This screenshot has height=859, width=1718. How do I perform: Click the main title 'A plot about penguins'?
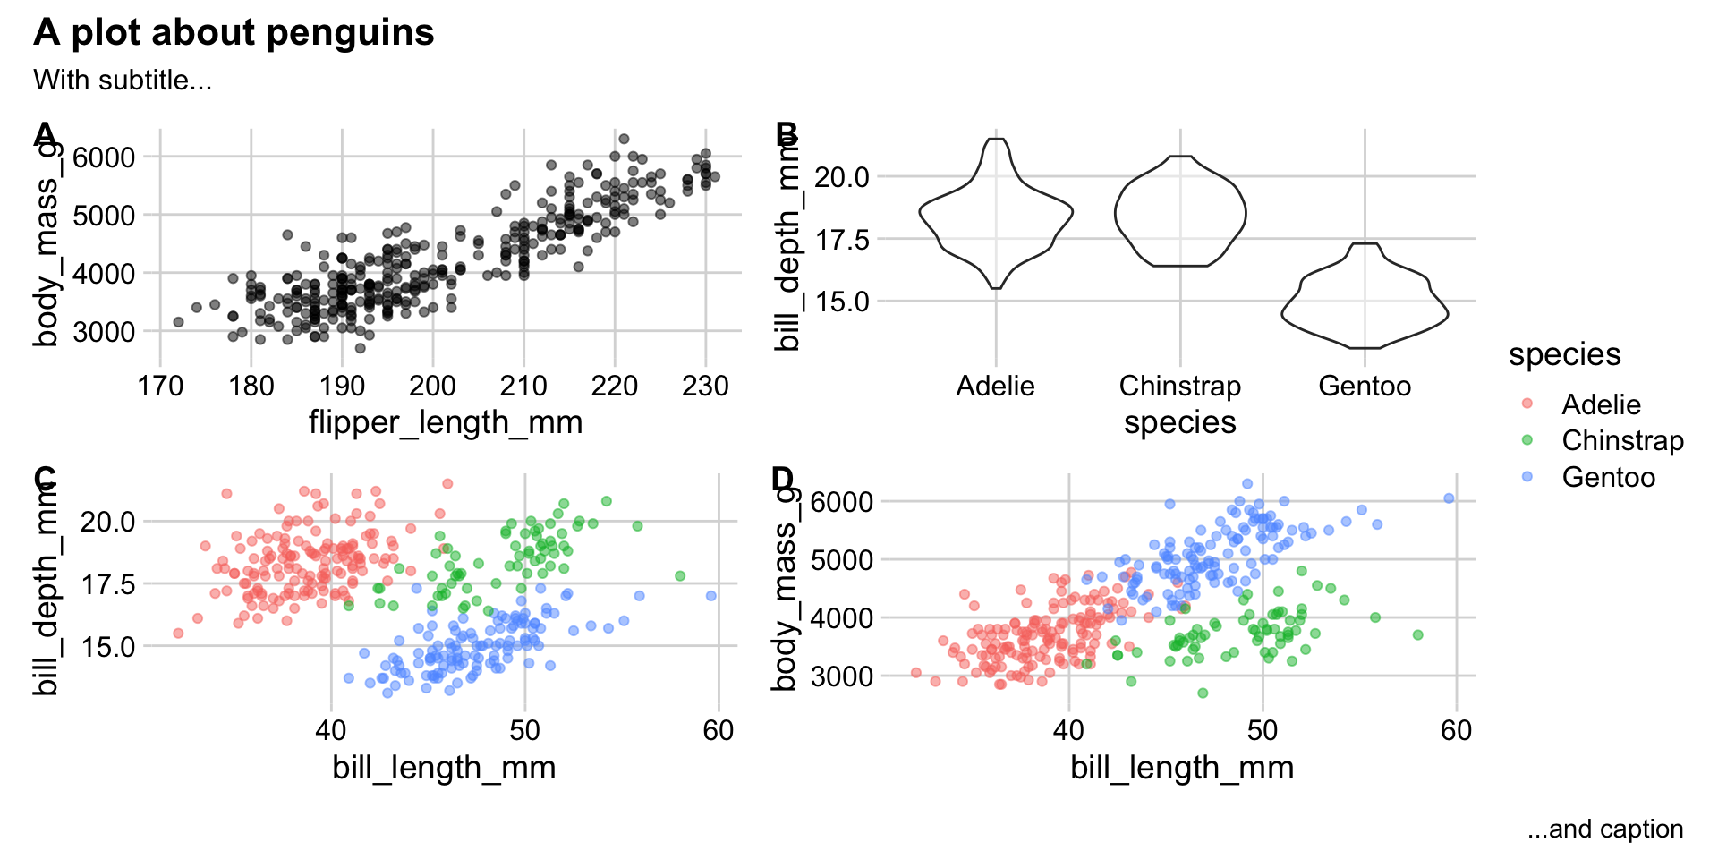[x=234, y=33]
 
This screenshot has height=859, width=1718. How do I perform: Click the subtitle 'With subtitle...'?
[x=123, y=81]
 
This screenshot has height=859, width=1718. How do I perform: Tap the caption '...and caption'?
[x=1605, y=829]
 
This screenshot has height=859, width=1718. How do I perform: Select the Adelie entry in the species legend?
[x=1601, y=404]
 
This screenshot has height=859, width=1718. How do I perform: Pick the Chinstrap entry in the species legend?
[x=1622, y=441]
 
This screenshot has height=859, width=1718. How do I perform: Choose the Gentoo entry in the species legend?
[x=1608, y=477]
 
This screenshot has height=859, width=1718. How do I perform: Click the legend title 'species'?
[x=1564, y=354]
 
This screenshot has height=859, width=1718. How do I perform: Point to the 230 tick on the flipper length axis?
[x=705, y=387]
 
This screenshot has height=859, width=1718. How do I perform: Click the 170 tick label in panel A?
[x=160, y=387]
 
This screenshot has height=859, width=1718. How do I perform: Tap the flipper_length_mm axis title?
[x=446, y=422]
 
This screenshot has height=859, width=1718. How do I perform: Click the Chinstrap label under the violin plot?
[x=1179, y=387]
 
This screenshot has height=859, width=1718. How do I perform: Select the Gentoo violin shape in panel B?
[x=1365, y=304]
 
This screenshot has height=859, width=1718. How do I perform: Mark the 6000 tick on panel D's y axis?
[x=841, y=501]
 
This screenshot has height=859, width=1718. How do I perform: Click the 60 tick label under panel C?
[x=718, y=731]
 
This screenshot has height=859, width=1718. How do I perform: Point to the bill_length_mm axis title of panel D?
[x=1182, y=768]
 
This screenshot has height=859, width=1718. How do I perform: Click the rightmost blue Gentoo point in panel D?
[x=1449, y=498]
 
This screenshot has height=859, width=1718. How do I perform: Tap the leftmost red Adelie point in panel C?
[x=178, y=634]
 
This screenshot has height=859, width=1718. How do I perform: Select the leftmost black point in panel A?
[x=178, y=322]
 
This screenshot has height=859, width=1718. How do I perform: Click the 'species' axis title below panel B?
[x=1179, y=422]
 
